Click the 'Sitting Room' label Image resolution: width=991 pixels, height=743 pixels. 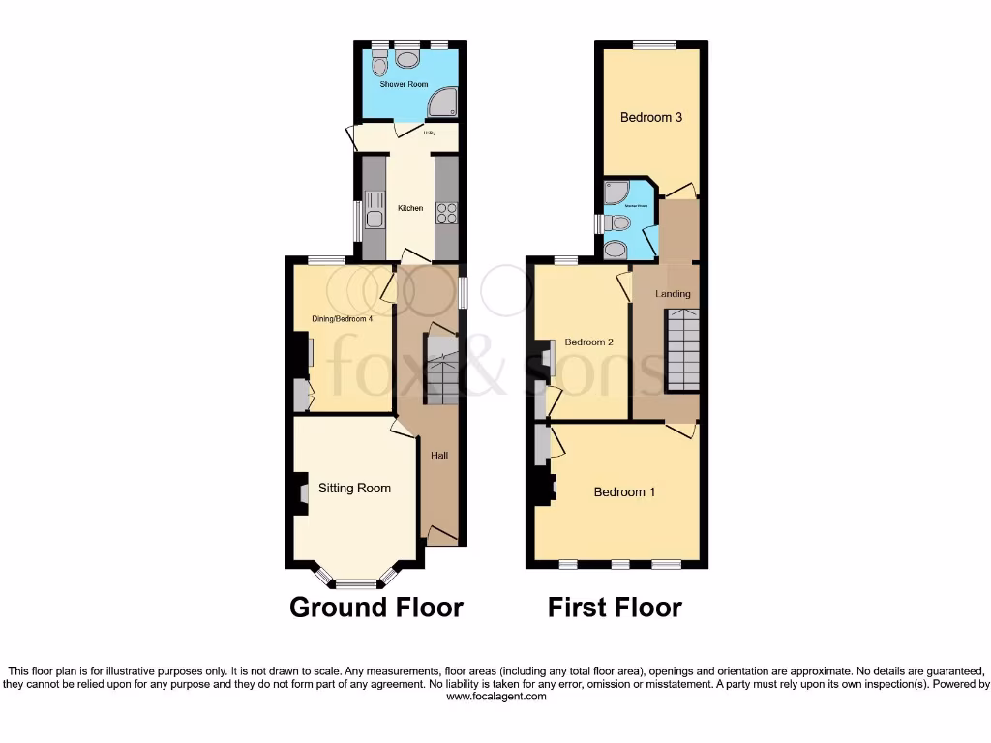tap(354, 488)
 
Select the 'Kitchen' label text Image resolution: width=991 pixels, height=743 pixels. tap(410, 208)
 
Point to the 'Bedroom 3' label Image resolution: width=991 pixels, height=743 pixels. tap(651, 118)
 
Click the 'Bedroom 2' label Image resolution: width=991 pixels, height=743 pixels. tap(589, 342)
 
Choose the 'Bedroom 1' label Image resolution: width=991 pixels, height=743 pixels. tap(624, 492)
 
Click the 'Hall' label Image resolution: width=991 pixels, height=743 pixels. tap(439, 455)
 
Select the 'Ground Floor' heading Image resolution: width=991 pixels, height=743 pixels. tap(376, 608)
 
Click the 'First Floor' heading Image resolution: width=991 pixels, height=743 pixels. tap(615, 608)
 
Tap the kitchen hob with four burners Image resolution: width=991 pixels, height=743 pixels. tap(446, 213)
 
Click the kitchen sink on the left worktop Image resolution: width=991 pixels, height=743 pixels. tap(374, 210)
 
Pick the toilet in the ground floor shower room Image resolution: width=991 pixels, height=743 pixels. tap(379, 64)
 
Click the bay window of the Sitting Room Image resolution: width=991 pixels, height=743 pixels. tap(356, 582)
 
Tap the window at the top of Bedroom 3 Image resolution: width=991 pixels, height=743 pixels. tap(655, 45)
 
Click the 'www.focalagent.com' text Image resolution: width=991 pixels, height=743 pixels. tap(496, 697)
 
